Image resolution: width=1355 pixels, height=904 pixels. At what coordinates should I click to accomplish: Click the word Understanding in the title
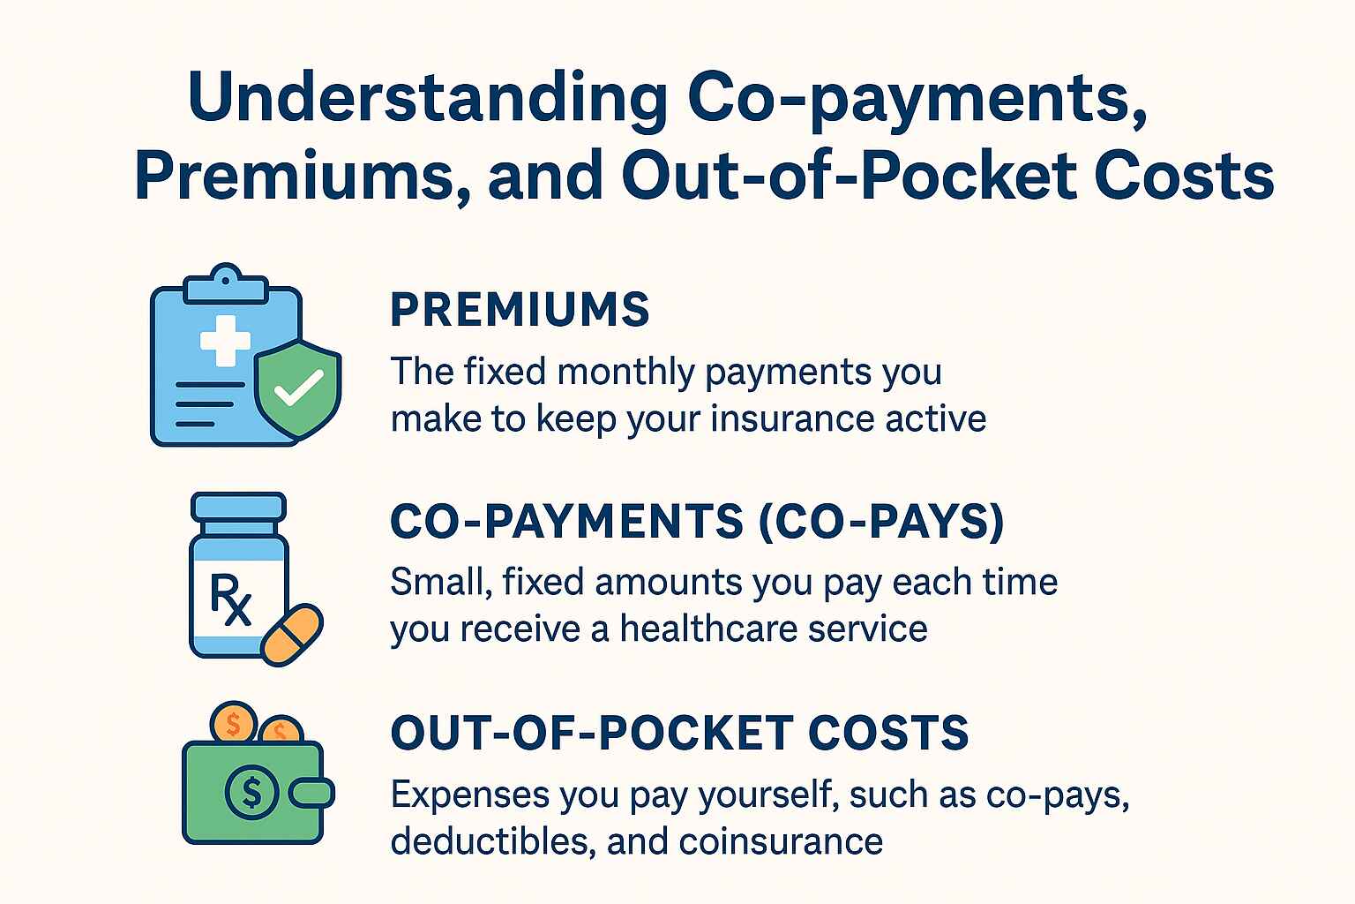pyautogui.click(x=427, y=98)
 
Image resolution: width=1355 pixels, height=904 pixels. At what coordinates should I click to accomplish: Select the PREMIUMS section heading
pyautogui.click(x=520, y=309)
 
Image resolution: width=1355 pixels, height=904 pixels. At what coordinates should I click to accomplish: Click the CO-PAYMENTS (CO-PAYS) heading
pyautogui.click(x=698, y=521)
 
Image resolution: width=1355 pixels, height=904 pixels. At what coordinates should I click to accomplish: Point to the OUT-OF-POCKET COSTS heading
pyautogui.click(x=680, y=732)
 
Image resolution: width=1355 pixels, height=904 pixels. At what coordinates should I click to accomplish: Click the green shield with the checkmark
pyautogui.click(x=297, y=388)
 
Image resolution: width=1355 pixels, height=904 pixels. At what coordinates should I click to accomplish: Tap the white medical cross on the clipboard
pyautogui.click(x=225, y=340)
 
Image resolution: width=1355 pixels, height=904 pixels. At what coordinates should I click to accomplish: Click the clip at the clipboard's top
pyautogui.click(x=225, y=283)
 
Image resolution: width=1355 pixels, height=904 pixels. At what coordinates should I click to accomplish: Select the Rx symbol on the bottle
pyautogui.click(x=230, y=599)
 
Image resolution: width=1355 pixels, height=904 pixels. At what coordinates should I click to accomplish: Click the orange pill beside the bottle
pyautogui.click(x=292, y=635)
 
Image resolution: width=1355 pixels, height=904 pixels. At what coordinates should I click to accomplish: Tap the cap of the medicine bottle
pyautogui.click(x=238, y=507)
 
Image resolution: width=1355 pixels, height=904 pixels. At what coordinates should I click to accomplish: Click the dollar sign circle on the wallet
pyautogui.click(x=251, y=793)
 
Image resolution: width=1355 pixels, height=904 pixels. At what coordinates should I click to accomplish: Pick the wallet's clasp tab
pyautogui.click(x=311, y=793)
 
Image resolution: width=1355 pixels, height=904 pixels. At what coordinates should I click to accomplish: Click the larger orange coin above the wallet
pyautogui.click(x=234, y=722)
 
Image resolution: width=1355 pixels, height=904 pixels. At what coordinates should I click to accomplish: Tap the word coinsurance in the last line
pyautogui.click(x=781, y=841)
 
